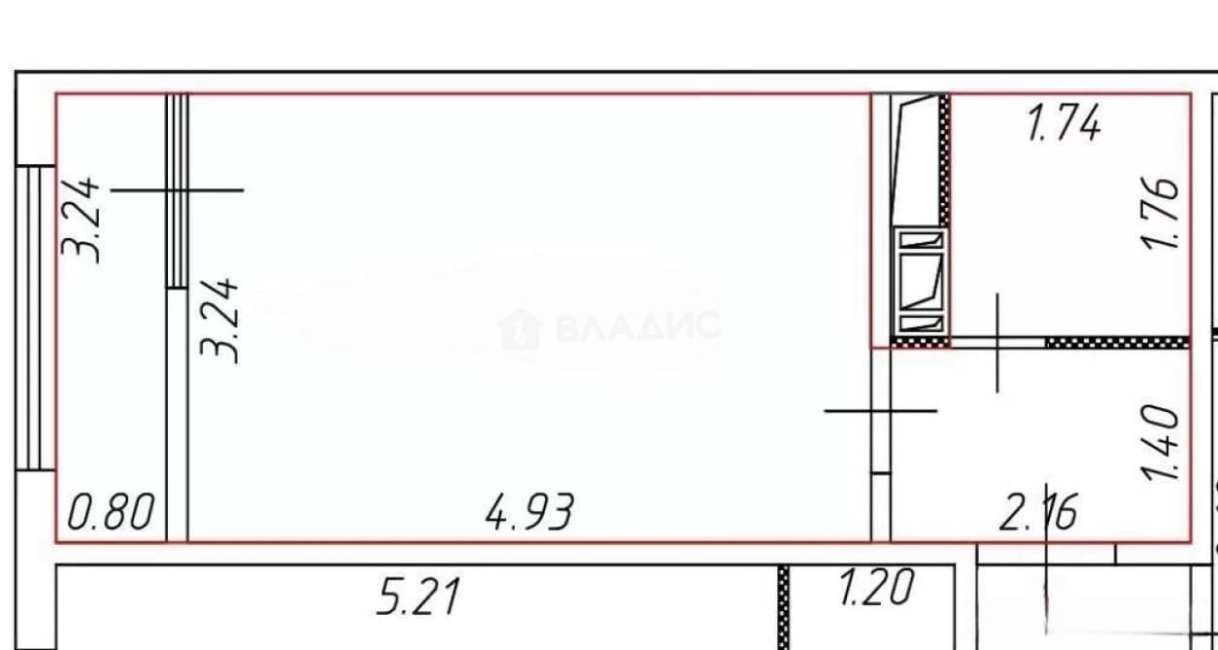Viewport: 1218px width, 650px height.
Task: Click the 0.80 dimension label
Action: point(111,511)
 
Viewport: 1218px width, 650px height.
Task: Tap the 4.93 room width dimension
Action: point(529,512)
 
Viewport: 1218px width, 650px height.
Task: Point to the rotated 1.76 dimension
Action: point(1161,213)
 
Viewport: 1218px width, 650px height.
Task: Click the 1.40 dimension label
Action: point(1161,443)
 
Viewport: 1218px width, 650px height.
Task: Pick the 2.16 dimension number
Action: point(1038,512)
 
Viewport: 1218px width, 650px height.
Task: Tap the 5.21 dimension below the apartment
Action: point(419,597)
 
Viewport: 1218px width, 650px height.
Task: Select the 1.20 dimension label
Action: point(876,587)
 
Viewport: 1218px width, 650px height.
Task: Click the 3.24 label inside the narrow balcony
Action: point(81,220)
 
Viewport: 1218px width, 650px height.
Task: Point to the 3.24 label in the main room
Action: point(220,321)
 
